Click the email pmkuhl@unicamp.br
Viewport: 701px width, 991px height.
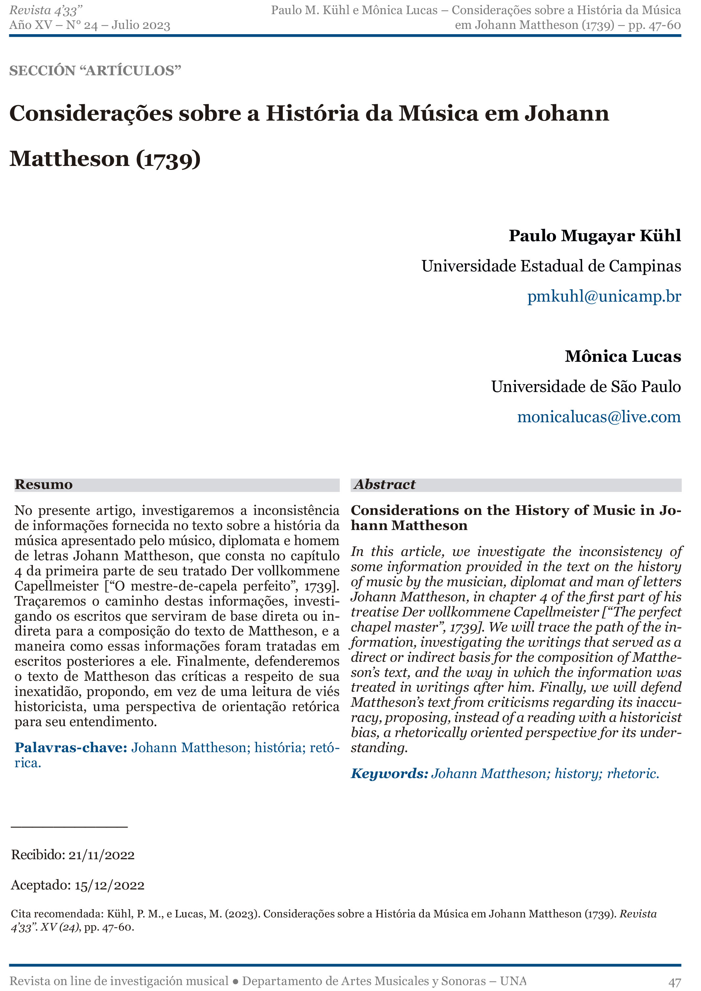point(604,296)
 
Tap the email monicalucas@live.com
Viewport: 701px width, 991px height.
point(599,417)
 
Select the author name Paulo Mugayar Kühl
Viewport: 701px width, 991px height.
point(594,236)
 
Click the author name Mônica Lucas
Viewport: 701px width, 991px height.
point(622,357)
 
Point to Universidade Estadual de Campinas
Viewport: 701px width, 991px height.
point(551,266)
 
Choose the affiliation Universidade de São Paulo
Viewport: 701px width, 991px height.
point(586,387)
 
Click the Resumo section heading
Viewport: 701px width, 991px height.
point(44,485)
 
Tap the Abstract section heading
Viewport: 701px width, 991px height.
point(384,485)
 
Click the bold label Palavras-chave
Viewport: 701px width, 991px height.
point(71,748)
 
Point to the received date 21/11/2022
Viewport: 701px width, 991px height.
point(102,855)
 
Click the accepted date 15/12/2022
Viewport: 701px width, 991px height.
point(109,885)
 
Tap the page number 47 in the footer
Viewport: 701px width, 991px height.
point(675,981)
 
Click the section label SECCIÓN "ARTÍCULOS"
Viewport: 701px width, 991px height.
point(95,71)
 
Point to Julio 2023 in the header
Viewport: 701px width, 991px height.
point(141,25)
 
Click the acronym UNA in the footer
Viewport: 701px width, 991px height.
point(513,981)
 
